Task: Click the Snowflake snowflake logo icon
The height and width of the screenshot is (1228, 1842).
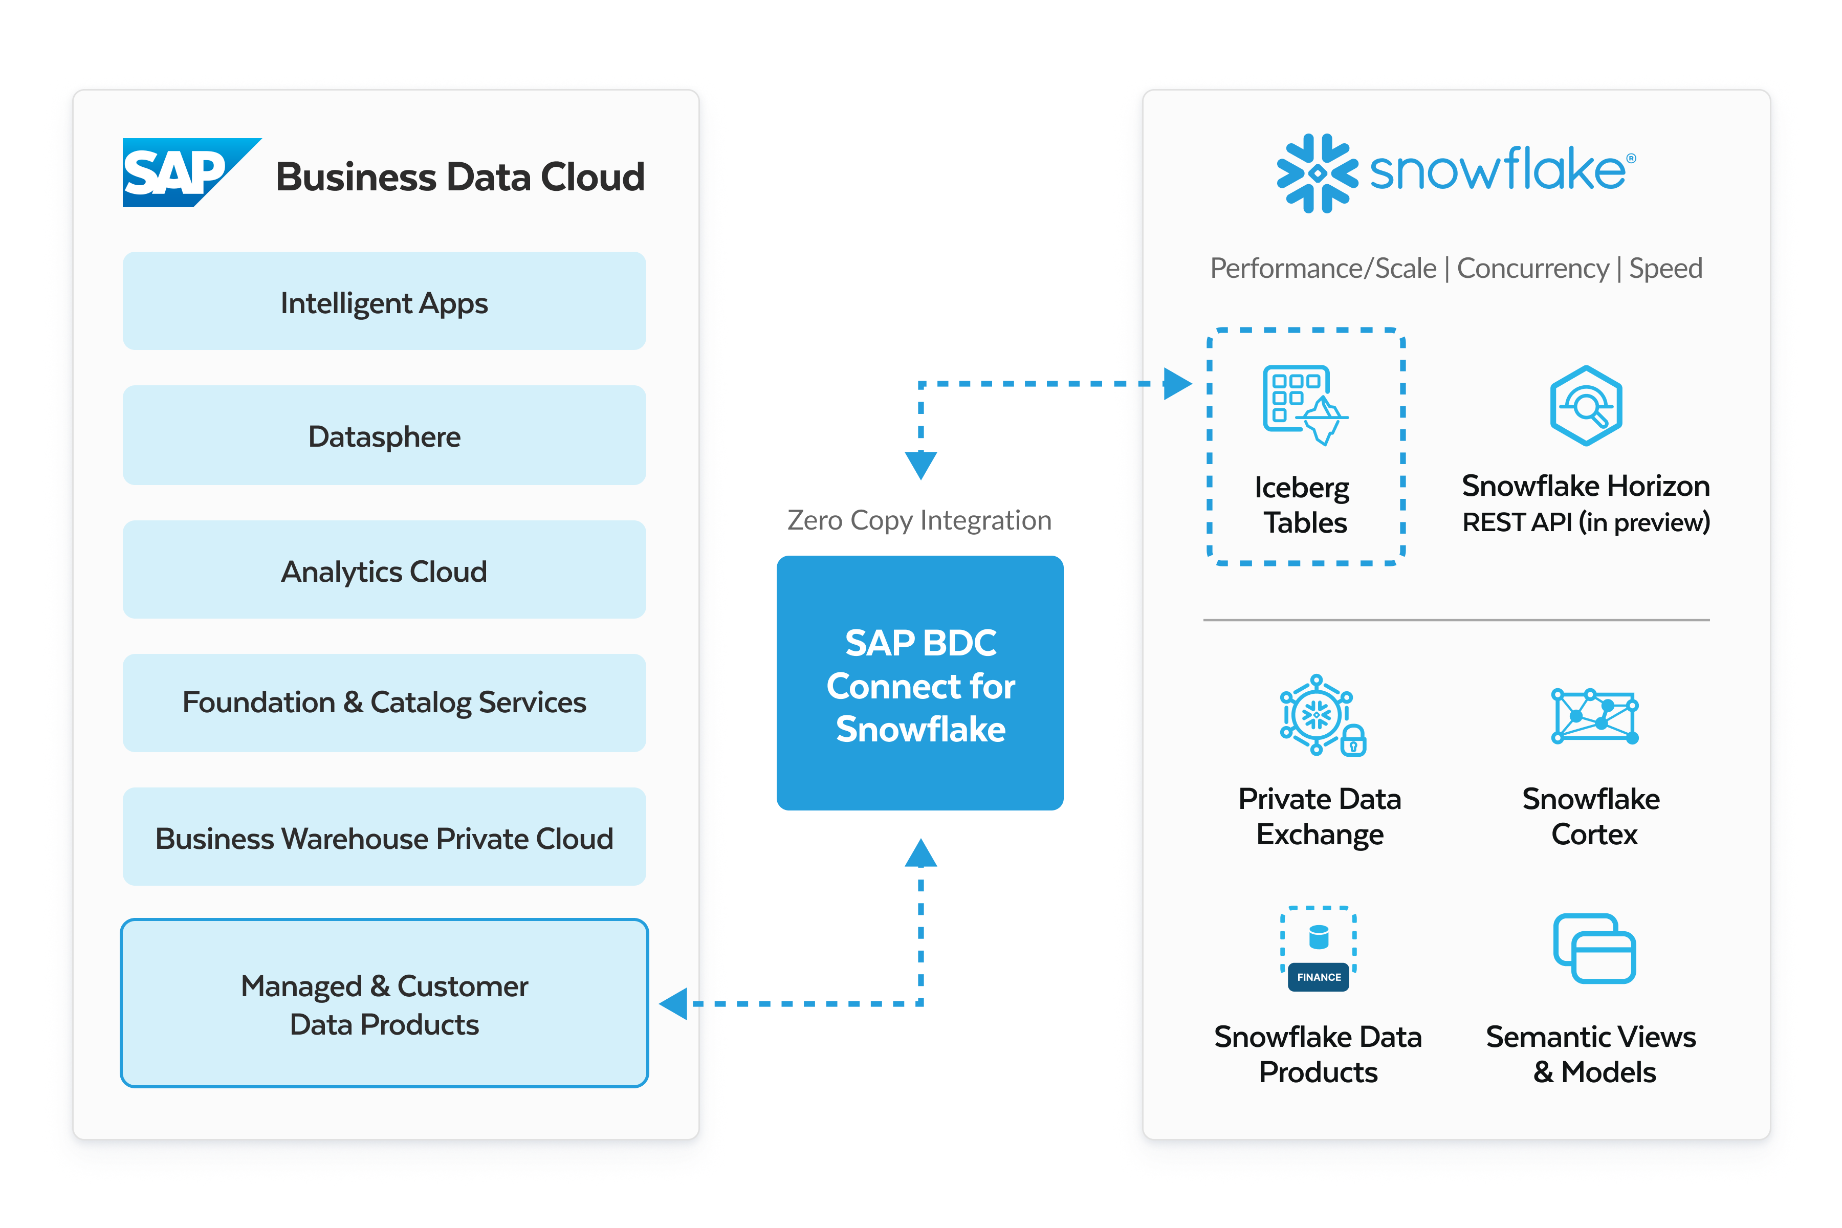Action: point(1317,173)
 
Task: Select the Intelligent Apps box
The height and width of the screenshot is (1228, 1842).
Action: point(384,301)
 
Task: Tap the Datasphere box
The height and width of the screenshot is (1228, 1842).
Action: point(384,435)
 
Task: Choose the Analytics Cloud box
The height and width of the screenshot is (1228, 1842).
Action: point(384,570)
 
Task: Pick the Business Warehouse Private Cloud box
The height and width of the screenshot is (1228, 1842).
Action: point(384,837)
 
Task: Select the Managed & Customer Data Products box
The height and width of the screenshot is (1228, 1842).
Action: point(384,1004)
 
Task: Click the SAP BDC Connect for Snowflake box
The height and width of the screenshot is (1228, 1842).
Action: point(920,684)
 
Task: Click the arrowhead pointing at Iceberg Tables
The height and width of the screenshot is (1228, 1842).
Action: point(1177,384)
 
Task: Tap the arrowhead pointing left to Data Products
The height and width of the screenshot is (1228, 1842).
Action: point(674,1004)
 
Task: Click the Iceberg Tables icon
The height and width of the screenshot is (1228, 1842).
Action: point(1303,405)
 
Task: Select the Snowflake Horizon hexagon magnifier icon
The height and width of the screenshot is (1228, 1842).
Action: point(1586,406)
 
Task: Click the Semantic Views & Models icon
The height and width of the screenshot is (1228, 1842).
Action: point(1594,949)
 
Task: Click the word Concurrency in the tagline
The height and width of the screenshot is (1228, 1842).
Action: point(1532,269)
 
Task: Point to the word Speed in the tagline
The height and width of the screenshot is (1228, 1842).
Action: point(1666,269)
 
